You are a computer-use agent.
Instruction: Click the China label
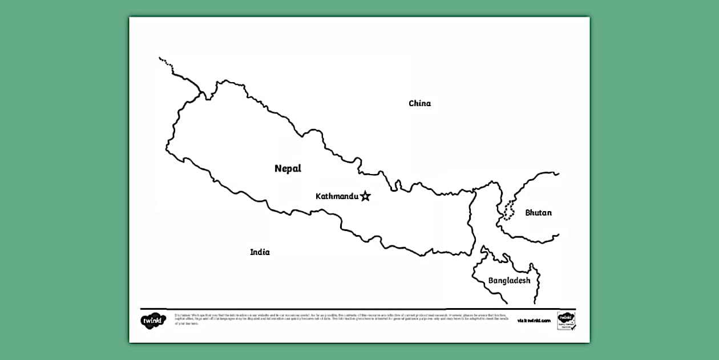point(419,103)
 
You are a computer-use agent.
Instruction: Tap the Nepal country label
point(288,168)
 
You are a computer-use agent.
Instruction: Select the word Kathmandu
point(337,196)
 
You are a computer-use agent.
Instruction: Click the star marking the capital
point(365,196)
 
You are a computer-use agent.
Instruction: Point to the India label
point(260,252)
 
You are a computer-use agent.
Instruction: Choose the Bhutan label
point(538,213)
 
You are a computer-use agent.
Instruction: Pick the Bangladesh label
point(509,281)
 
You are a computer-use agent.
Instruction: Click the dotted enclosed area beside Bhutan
point(508,211)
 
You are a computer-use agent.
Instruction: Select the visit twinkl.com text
point(534,321)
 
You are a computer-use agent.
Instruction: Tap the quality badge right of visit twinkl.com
point(565,321)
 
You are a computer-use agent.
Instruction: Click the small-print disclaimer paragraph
point(342,319)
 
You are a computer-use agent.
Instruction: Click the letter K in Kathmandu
point(318,196)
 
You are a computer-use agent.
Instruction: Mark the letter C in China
point(411,103)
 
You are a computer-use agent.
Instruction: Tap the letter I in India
point(252,252)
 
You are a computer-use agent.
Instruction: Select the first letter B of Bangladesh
point(491,281)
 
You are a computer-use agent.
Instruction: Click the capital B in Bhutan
point(528,213)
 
